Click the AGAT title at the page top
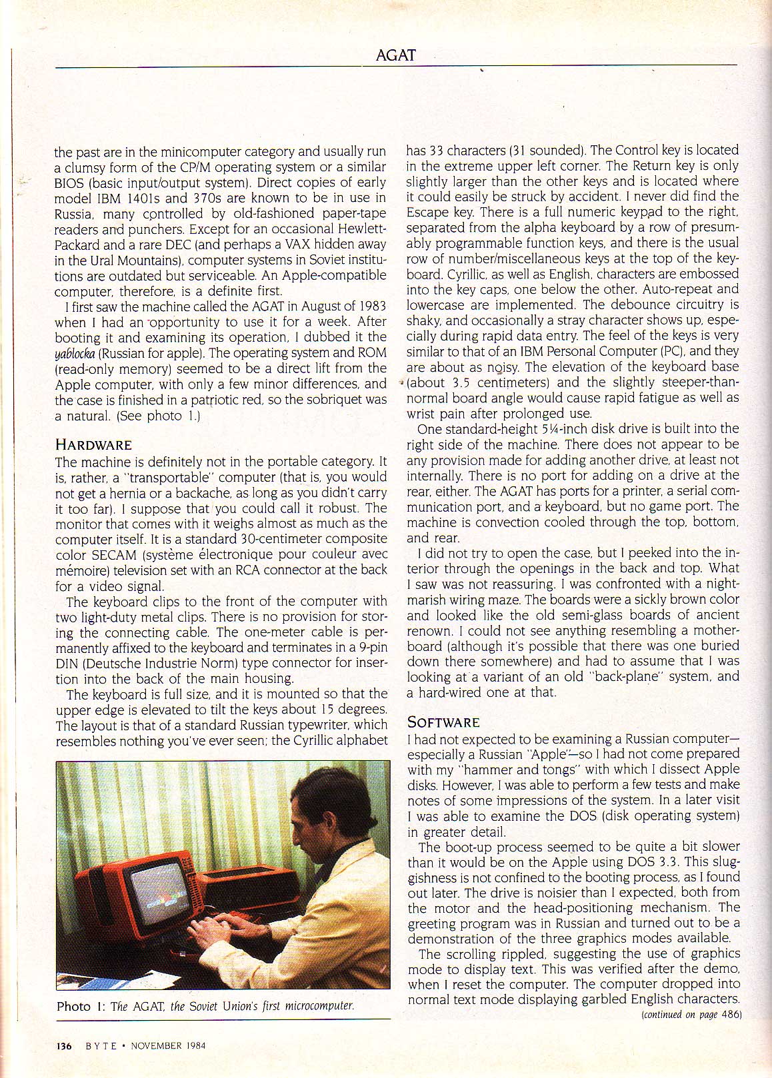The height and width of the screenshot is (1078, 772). coord(396,55)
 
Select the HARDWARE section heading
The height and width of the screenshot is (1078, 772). coord(93,445)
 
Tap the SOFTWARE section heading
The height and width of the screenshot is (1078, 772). coord(443,722)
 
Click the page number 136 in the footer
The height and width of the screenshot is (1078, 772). coord(65,1045)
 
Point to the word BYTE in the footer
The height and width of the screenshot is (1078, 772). coord(101,1045)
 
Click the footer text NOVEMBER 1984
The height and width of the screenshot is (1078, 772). coord(168,1045)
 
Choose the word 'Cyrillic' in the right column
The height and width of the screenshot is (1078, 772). coord(429,274)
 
